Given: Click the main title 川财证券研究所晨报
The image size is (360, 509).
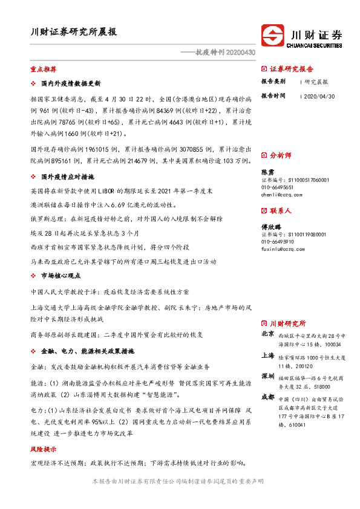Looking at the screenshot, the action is click(74, 32).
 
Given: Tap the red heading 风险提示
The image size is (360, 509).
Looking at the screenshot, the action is click(43, 450).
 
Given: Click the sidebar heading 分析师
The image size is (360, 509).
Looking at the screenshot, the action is click(280, 155).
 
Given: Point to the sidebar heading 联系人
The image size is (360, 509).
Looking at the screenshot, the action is click(280, 211).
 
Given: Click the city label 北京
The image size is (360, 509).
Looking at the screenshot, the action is click(267, 334).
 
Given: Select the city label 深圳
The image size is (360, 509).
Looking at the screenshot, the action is click(267, 376).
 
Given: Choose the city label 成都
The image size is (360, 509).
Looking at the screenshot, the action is click(267, 397).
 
